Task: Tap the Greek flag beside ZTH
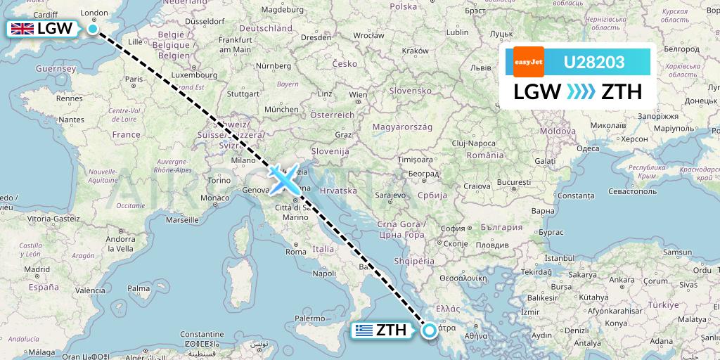coord(364,330)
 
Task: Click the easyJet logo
coord(528,62)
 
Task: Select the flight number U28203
coord(594,63)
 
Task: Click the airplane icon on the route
coord(284,180)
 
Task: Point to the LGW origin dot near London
coord(93,29)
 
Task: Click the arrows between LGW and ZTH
coord(581,92)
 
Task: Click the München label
coord(281,110)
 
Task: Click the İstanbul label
coord(564,259)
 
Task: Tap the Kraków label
coord(415,51)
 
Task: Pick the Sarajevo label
coord(392,195)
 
